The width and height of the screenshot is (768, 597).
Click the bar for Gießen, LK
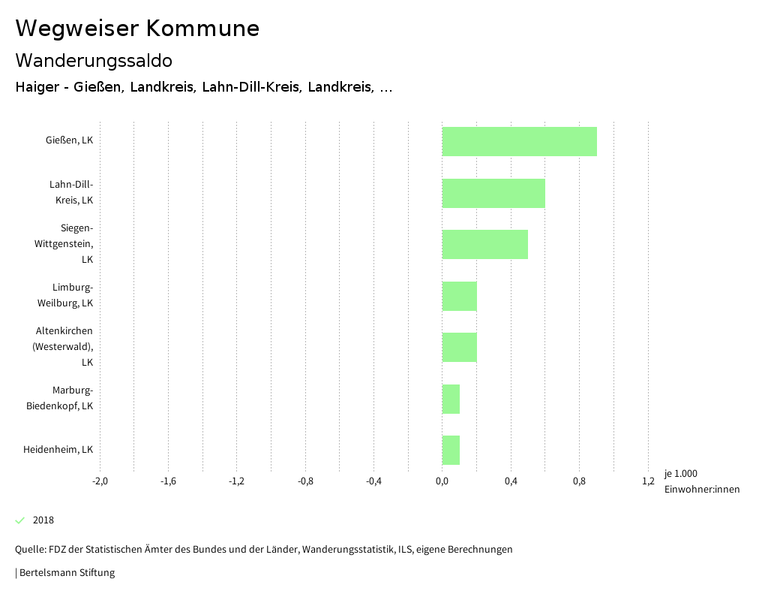519,141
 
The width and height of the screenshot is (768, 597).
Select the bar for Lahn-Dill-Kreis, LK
493,193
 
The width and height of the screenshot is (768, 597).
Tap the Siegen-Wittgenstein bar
484,244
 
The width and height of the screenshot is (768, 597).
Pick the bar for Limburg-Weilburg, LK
459,296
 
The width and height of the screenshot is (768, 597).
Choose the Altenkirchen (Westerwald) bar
459,347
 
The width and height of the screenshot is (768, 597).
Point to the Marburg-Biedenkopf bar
451,399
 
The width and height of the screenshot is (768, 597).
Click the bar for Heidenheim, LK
451,450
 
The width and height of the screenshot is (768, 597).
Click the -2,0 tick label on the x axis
100,481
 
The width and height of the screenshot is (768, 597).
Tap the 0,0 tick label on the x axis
442,481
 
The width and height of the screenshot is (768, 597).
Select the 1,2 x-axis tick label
648,481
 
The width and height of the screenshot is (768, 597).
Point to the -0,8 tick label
305,481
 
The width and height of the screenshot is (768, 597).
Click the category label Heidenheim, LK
58,450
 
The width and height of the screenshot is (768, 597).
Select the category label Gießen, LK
69,140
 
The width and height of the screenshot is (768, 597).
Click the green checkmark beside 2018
20,520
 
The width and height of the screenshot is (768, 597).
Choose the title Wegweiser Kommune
137,29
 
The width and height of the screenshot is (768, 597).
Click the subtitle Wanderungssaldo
94,60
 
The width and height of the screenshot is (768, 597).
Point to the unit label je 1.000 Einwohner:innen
701,481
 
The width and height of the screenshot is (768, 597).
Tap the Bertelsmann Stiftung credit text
66,573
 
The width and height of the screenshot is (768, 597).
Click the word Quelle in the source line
30,550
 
